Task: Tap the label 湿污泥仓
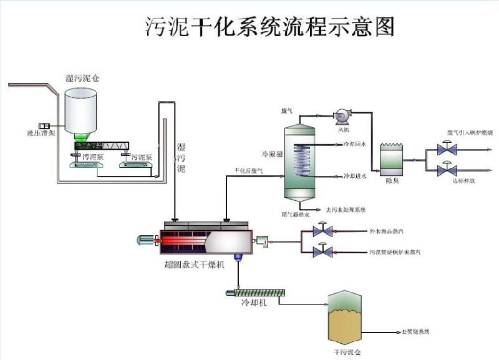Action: (82, 78)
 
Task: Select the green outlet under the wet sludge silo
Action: (82, 137)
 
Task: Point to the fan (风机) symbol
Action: (342, 116)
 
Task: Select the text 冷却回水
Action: (355, 144)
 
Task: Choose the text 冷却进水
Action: (355, 176)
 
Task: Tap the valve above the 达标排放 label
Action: (447, 169)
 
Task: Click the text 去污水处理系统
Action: (340, 209)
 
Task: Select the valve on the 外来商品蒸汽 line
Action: (322, 231)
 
